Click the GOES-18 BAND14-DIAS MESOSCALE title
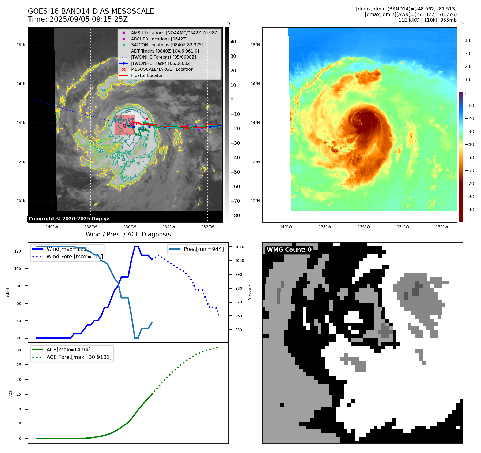pyautogui.click(x=91, y=11)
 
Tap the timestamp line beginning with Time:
pyautogui.click(x=78, y=19)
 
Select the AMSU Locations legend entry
pyautogui.click(x=175, y=33)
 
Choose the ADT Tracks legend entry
pyautogui.click(x=165, y=51)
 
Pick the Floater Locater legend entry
pyautogui.click(x=147, y=75)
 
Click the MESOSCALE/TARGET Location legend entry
pyautogui.click(x=162, y=69)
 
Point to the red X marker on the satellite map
pyautogui.click(x=147, y=119)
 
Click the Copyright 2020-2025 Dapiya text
pyautogui.click(x=69, y=219)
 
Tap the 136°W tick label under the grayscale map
pyautogui.click(x=130, y=227)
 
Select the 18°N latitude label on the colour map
pyautogui.click(x=255, y=45)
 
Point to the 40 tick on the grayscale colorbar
pyautogui.click(x=233, y=42)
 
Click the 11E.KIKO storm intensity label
pyautogui.click(x=427, y=20)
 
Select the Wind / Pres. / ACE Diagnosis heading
pyautogui.click(x=128, y=234)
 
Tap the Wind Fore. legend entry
pyautogui.click(x=74, y=257)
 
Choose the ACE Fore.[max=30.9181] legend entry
pyautogui.click(x=79, y=357)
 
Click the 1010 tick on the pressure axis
pyautogui.click(x=240, y=247)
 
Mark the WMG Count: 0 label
pyautogui.click(x=289, y=250)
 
